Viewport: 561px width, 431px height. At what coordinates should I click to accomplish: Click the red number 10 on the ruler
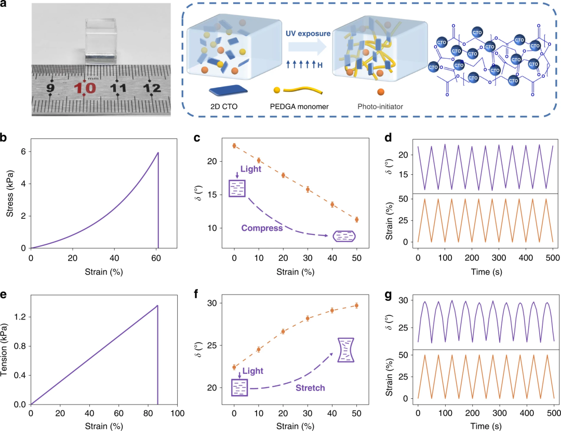click(x=85, y=88)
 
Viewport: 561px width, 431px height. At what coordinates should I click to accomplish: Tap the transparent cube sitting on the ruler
click(x=101, y=41)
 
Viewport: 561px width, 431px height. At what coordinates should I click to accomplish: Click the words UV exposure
click(x=308, y=34)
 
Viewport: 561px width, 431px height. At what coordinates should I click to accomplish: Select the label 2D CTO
click(x=223, y=106)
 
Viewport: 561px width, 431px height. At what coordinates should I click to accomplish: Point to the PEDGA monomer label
click(x=299, y=106)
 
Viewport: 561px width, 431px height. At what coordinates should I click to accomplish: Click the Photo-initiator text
click(x=380, y=106)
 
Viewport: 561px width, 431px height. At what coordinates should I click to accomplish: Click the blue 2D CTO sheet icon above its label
click(x=228, y=91)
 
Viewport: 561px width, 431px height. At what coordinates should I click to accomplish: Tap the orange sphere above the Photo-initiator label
click(x=381, y=92)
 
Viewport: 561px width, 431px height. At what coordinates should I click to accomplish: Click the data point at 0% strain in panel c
click(x=234, y=146)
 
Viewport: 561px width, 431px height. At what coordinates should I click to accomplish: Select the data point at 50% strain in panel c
click(x=357, y=220)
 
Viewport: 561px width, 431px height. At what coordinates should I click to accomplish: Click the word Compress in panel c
click(x=262, y=228)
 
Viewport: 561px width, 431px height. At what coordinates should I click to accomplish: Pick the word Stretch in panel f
click(x=310, y=388)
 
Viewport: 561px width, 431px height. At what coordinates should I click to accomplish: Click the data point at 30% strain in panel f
click(x=308, y=318)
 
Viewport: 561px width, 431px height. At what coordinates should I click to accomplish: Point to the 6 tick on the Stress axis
click(x=23, y=151)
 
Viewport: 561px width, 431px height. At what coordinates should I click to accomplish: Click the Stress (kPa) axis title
click(x=10, y=193)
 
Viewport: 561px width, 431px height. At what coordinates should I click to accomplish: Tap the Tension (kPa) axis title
click(x=4, y=350)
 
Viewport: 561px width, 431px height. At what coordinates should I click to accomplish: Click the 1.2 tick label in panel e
click(x=20, y=317)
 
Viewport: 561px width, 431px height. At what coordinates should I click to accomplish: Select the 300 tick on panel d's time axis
click(x=499, y=258)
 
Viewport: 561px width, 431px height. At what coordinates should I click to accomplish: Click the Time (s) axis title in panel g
click(x=486, y=426)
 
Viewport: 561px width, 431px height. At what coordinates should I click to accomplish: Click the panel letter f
click(x=196, y=295)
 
